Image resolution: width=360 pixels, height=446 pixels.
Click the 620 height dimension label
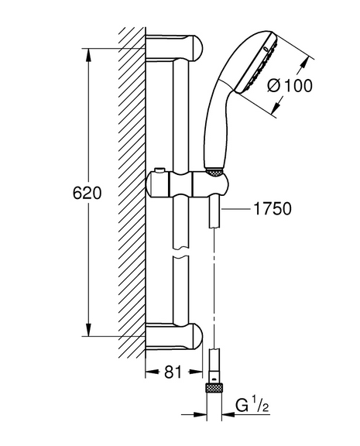(87, 193)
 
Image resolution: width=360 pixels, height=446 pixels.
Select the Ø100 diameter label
(290, 86)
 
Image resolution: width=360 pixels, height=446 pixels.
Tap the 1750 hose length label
(273, 208)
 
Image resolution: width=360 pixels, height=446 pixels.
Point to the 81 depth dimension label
(173, 372)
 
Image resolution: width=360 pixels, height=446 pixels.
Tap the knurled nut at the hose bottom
(214, 388)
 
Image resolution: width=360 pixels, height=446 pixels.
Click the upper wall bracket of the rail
(174, 48)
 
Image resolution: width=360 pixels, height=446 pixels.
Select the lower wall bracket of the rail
(174, 336)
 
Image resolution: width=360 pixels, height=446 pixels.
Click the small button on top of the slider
(159, 170)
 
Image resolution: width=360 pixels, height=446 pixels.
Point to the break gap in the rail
(180, 252)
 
